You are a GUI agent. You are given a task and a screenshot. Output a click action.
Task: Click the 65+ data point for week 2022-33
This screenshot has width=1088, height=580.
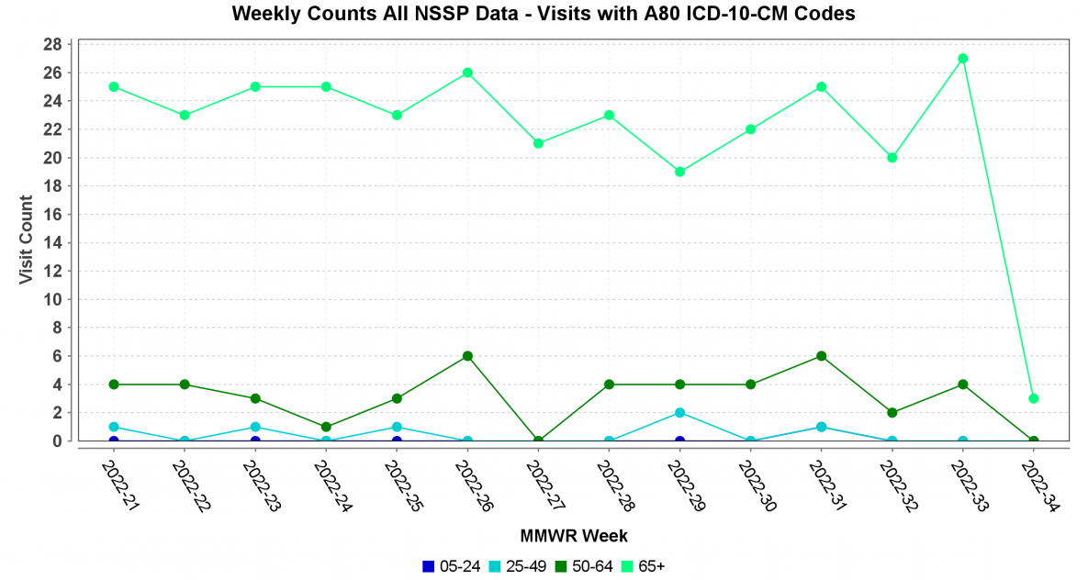[962, 59]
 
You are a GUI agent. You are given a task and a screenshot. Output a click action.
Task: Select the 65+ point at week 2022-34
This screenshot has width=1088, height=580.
[1033, 398]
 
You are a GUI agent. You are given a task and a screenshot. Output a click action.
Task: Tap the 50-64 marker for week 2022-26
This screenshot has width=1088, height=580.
[467, 356]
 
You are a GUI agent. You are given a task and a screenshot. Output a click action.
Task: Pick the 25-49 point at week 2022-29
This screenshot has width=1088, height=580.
[679, 413]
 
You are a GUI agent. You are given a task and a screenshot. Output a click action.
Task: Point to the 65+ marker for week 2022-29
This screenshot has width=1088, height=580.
[679, 172]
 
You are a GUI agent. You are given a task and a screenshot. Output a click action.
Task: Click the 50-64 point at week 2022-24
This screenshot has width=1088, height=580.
[326, 427]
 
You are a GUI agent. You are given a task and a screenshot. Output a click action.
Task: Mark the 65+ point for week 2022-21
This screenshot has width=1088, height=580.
[114, 87]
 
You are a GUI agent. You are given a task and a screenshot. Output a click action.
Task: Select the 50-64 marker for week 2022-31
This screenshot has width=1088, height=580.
[821, 356]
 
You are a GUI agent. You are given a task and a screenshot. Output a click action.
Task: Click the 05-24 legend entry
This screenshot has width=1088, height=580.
[451, 566]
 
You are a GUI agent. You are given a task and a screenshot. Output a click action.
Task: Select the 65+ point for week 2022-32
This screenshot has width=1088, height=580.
[892, 158]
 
